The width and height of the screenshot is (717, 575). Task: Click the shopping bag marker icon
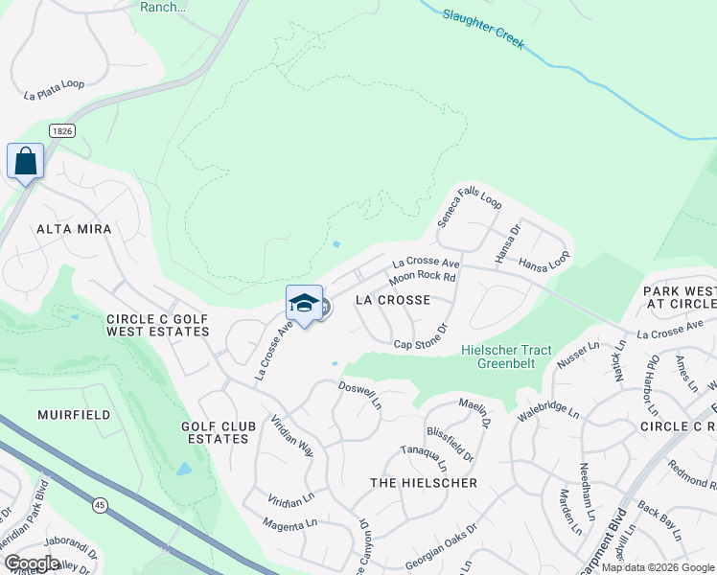pyautogui.click(x=25, y=161)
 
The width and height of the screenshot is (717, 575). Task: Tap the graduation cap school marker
pyautogui.click(x=304, y=304)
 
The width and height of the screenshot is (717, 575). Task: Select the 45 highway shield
pyautogui.click(x=100, y=503)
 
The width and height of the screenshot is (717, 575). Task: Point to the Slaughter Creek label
pyautogui.click(x=484, y=29)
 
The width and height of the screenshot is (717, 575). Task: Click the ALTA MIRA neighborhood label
pyautogui.click(x=74, y=229)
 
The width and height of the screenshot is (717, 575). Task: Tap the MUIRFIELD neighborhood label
pyautogui.click(x=74, y=415)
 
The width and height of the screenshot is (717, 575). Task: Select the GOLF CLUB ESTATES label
pyautogui.click(x=215, y=431)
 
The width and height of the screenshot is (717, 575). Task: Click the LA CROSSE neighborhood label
pyautogui.click(x=392, y=300)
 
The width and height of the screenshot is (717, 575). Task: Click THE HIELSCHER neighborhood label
pyautogui.click(x=424, y=483)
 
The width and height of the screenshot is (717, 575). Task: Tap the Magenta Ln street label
pyautogui.click(x=290, y=523)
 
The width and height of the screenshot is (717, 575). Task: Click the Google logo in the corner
pyautogui.click(x=31, y=563)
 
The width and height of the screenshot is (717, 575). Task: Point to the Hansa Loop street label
pyautogui.click(x=544, y=263)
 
